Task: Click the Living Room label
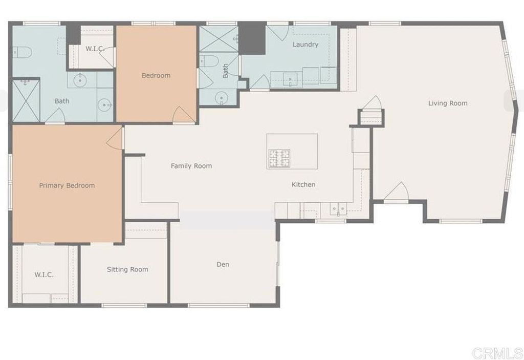pos(448,103)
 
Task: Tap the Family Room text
pos(191,166)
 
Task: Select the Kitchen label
pos(303,184)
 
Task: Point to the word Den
pos(223,264)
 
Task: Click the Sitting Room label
pos(127,269)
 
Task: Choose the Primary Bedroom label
pos(67,185)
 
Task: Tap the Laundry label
pos(305,45)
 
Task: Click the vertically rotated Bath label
pos(226,71)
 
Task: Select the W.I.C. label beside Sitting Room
pos(44,274)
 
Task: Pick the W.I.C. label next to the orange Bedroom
pos(95,49)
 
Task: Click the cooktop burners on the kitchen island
pos(279,158)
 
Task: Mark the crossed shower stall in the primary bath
pos(26,101)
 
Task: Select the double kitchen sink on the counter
pos(338,208)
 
